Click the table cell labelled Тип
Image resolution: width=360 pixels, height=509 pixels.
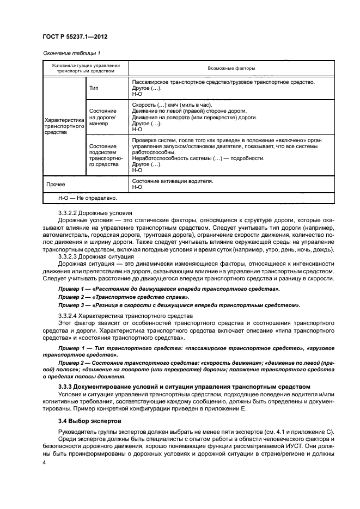point(94,87)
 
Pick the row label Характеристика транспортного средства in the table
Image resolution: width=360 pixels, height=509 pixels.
point(63,126)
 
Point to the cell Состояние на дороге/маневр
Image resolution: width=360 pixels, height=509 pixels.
point(102,116)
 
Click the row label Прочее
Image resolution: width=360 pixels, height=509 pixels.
point(56,184)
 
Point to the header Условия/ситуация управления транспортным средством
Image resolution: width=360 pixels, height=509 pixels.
point(86,68)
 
